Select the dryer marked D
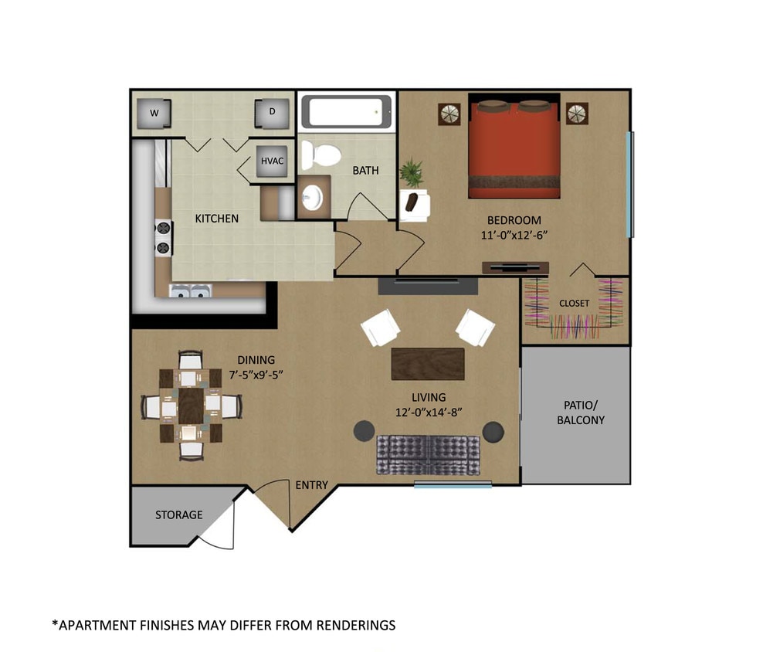pos(272,114)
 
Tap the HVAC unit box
pos(273,161)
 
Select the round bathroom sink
pos(313,198)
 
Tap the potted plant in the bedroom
pos(412,173)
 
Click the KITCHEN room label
pos(216,219)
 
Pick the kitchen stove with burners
pos(163,237)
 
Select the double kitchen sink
pos(190,291)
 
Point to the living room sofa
pos(428,454)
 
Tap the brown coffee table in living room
pos(428,364)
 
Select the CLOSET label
pos(574,304)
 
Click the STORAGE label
pos(178,514)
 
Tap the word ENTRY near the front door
pos(312,485)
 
